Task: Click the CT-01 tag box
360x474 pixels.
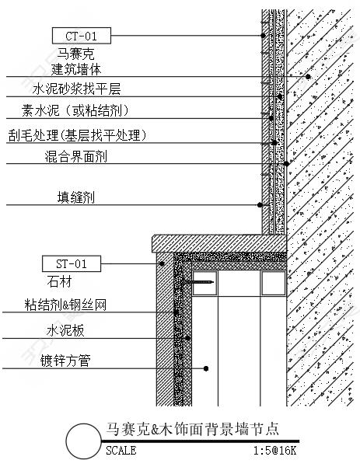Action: pyautogui.click(x=82, y=36)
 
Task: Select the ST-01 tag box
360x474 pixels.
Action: pyautogui.click(x=72, y=263)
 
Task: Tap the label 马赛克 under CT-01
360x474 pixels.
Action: pyautogui.click(x=75, y=54)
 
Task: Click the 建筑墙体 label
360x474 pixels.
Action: pyautogui.click(x=76, y=69)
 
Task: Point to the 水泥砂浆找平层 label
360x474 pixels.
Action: pyautogui.click(x=77, y=89)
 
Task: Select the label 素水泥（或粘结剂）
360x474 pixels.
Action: pyautogui.click(x=75, y=110)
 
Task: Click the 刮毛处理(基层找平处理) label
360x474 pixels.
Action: pyautogui.click(x=77, y=135)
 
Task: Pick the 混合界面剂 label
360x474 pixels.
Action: pyautogui.click(x=76, y=157)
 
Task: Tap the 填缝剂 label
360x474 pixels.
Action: pyautogui.click(x=76, y=197)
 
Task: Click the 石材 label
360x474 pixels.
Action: pyautogui.click(x=59, y=282)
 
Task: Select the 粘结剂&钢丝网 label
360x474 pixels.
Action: pyautogui.click(x=65, y=305)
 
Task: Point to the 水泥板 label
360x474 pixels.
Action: pyautogui.click(x=65, y=331)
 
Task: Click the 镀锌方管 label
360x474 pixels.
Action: pyautogui.click(x=65, y=361)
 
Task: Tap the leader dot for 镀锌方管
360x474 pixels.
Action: pyautogui.click(x=206, y=368)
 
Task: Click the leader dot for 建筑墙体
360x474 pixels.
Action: pyautogui.click(x=308, y=77)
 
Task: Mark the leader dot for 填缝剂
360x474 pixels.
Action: pyautogui.click(x=260, y=205)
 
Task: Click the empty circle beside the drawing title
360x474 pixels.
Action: pyautogui.click(x=83, y=441)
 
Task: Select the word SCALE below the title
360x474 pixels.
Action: pyautogui.click(x=121, y=451)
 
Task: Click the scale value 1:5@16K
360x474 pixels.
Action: pyautogui.click(x=275, y=451)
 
